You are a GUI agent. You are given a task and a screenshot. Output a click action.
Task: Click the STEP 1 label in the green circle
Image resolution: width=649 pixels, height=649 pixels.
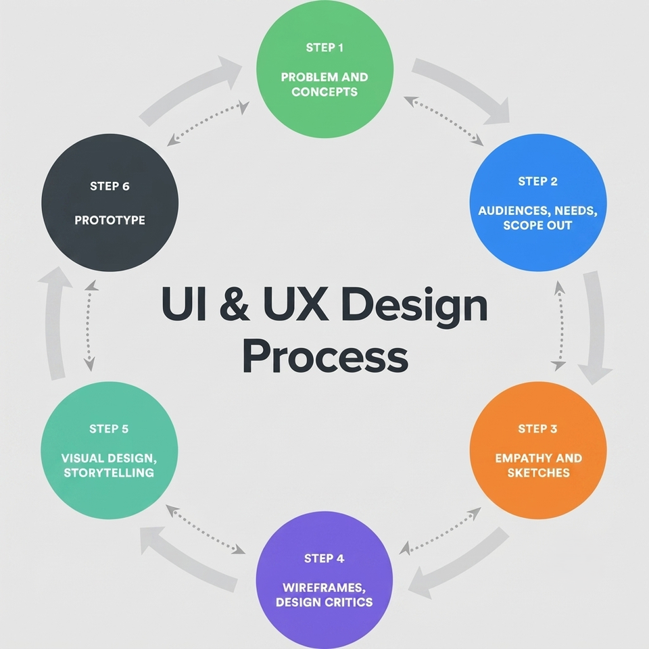(x=324, y=48)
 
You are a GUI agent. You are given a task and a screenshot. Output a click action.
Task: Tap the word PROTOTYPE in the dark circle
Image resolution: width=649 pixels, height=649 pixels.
(x=110, y=220)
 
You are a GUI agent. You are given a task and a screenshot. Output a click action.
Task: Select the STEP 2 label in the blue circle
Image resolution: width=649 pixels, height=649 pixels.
(x=537, y=181)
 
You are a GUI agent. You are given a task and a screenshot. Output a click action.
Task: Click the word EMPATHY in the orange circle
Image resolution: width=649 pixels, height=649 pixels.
(x=523, y=458)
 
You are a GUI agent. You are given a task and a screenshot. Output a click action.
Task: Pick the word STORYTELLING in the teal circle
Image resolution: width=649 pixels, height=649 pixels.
(x=109, y=473)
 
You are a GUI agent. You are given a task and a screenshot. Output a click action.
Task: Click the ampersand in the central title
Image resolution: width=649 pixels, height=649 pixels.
(x=235, y=304)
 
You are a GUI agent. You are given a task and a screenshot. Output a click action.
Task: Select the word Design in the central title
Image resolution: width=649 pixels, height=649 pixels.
(x=414, y=307)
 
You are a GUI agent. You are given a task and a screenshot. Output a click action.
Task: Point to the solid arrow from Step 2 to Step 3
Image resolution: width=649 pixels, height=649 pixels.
(x=595, y=327)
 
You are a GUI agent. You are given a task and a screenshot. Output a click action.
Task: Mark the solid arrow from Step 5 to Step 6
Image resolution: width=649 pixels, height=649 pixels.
(x=55, y=323)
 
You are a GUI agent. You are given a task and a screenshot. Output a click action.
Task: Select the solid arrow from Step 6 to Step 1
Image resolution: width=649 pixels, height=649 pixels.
(x=189, y=92)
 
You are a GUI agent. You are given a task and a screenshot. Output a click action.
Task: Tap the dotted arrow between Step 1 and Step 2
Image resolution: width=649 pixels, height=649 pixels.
(x=443, y=121)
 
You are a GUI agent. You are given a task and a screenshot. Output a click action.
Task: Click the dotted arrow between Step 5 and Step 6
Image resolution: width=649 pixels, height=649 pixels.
(x=89, y=325)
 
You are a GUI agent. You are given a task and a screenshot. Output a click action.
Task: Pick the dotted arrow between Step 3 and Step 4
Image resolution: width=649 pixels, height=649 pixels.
(x=440, y=531)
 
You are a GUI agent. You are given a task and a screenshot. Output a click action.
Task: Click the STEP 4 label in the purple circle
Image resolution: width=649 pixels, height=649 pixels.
(x=324, y=558)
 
